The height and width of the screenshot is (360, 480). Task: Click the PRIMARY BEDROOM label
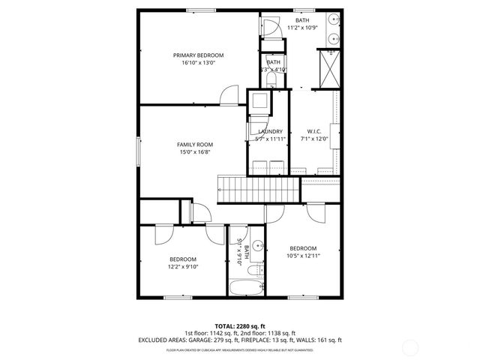[x=198, y=55]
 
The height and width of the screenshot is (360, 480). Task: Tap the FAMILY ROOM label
[x=195, y=144]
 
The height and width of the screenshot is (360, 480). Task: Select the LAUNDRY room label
[x=270, y=131]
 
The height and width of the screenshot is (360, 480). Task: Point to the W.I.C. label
[x=314, y=131]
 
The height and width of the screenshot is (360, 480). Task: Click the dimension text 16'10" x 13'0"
[x=198, y=63]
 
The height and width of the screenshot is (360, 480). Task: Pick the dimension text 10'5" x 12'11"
[x=303, y=256]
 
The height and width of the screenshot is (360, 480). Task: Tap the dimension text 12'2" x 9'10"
[x=183, y=265]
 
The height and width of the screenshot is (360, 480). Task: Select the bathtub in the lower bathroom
[x=247, y=289]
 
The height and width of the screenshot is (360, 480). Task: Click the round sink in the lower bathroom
[x=257, y=245]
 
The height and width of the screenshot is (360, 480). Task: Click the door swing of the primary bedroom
[x=226, y=96]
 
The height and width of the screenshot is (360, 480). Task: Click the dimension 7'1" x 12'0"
[x=314, y=139]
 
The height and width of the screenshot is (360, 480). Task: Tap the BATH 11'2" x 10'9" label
[x=302, y=24]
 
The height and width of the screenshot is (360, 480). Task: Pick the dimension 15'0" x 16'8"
[x=195, y=152]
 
